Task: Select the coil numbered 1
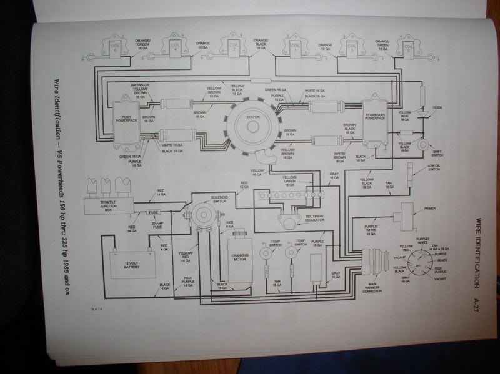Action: [294, 46]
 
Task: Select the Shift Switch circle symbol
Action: [424, 145]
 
